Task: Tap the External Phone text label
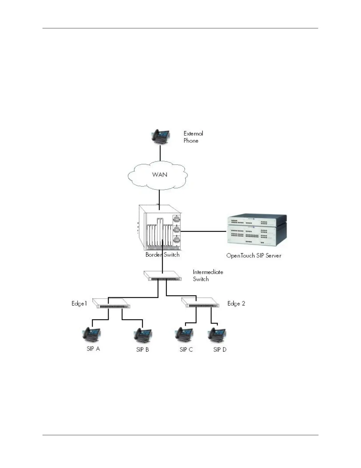tap(193, 137)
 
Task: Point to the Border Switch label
tap(162, 255)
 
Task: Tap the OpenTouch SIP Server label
tap(254, 256)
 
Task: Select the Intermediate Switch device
tap(162, 276)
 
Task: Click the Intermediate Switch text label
tap(208, 275)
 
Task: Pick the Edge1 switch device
tap(111, 303)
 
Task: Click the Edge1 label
tap(79, 303)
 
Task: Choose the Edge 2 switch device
tap(200, 303)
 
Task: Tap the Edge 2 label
tap(236, 303)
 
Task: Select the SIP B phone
tap(143, 335)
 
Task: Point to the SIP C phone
tap(184, 335)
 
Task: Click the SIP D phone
tap(217, 335)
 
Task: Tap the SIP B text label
tap(142, 350)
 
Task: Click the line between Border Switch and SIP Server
tap(204, 231)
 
